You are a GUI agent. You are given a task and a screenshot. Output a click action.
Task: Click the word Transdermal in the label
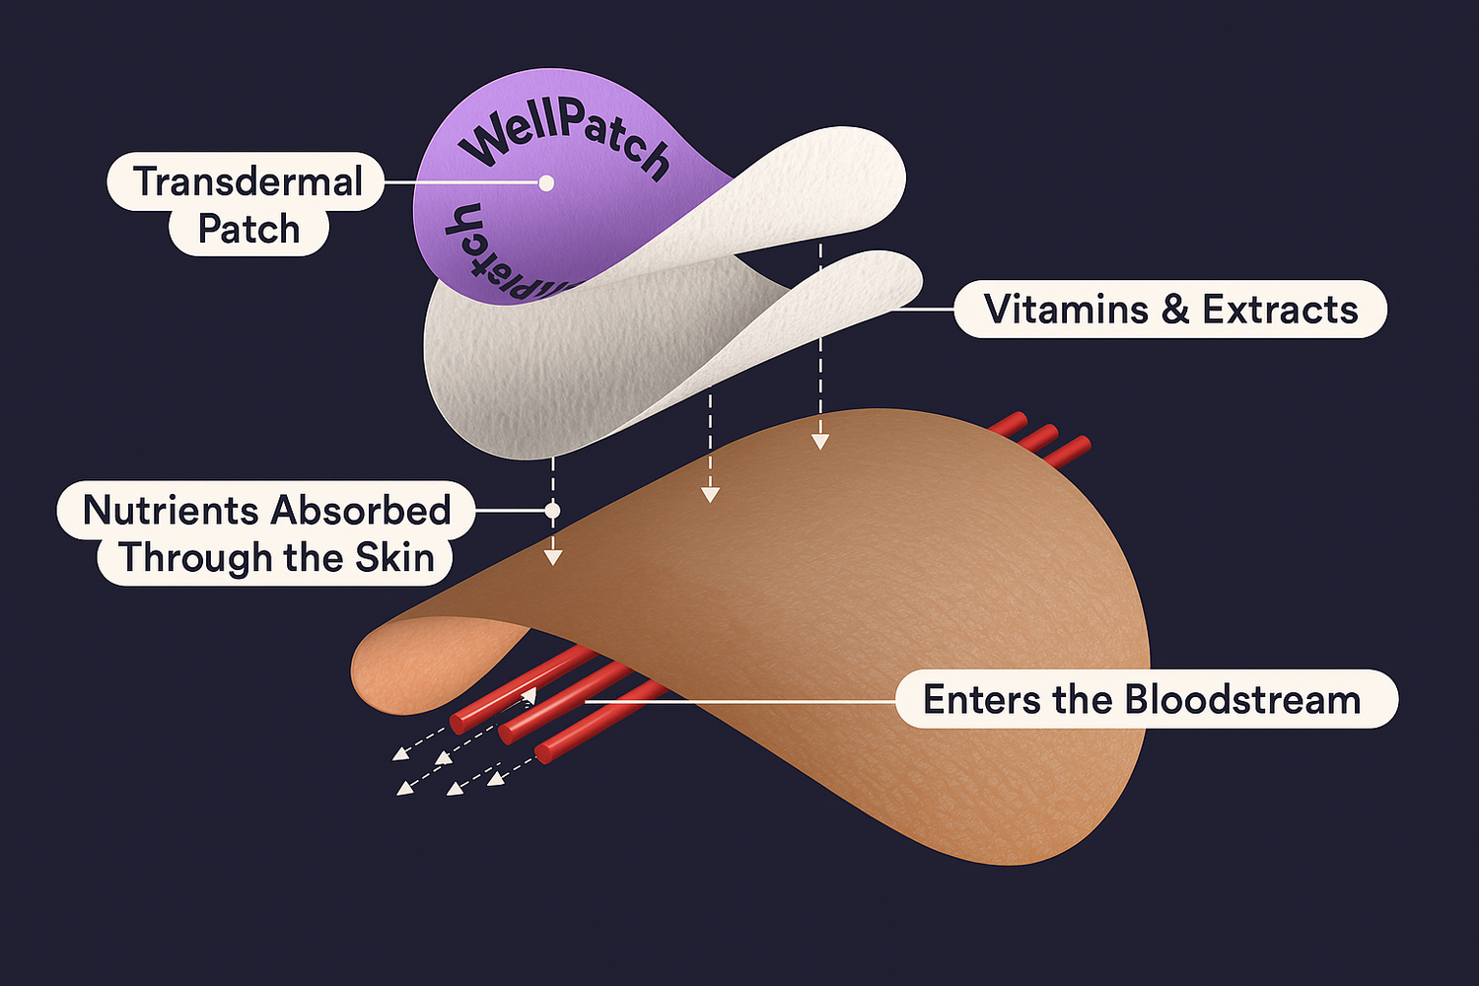[x=247, y=181]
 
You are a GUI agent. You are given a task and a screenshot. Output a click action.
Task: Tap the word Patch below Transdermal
[x=248, y=229]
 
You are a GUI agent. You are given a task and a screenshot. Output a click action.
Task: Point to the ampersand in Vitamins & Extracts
[x=1174, y=310]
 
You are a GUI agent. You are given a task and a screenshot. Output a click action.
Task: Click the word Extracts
[x=1280, y=310]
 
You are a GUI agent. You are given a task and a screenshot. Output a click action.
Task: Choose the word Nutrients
[x=170, y=510]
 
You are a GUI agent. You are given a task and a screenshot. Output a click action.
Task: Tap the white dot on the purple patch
[x=546, y=182]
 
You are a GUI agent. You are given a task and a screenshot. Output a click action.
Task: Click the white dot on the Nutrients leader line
[x=552, y=511]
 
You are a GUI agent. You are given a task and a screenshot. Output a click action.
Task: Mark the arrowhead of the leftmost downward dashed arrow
[x=553, y=558]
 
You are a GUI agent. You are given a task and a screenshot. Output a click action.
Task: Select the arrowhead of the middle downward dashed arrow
[x=709, y=495]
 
